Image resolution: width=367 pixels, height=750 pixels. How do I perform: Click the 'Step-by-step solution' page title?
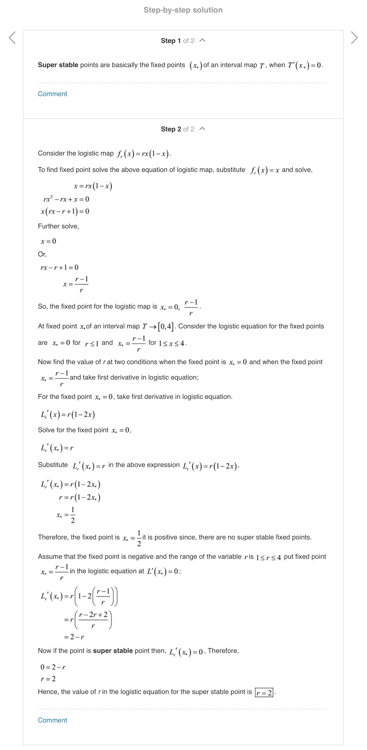[183, 10]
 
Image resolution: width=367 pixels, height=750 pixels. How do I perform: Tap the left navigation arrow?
[12, 38]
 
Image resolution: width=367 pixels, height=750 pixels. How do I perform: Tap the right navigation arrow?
[354, 38]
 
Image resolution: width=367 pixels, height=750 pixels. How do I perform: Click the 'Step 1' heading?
[171, 41]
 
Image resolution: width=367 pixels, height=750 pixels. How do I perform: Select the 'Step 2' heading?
[171, 129]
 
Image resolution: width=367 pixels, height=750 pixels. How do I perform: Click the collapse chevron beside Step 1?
[203, 41]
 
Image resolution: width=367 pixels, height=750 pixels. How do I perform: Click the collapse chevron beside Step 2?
[203, 129]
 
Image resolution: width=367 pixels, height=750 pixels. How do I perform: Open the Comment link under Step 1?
[52, 94]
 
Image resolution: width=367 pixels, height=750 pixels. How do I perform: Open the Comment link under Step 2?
[52, 720]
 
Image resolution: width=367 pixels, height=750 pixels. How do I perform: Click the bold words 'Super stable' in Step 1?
[58, 65]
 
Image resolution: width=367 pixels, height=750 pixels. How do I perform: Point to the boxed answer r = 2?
[264, 692]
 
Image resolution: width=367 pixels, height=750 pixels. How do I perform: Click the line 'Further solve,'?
[58, 226]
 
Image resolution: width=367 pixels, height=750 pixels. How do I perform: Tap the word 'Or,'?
[42, 254]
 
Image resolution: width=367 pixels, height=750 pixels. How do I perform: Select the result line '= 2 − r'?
[74, 637]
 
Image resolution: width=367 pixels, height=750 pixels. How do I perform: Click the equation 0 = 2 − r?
[53, 667]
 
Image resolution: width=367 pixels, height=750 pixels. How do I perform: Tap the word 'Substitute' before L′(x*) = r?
[53, 465]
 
